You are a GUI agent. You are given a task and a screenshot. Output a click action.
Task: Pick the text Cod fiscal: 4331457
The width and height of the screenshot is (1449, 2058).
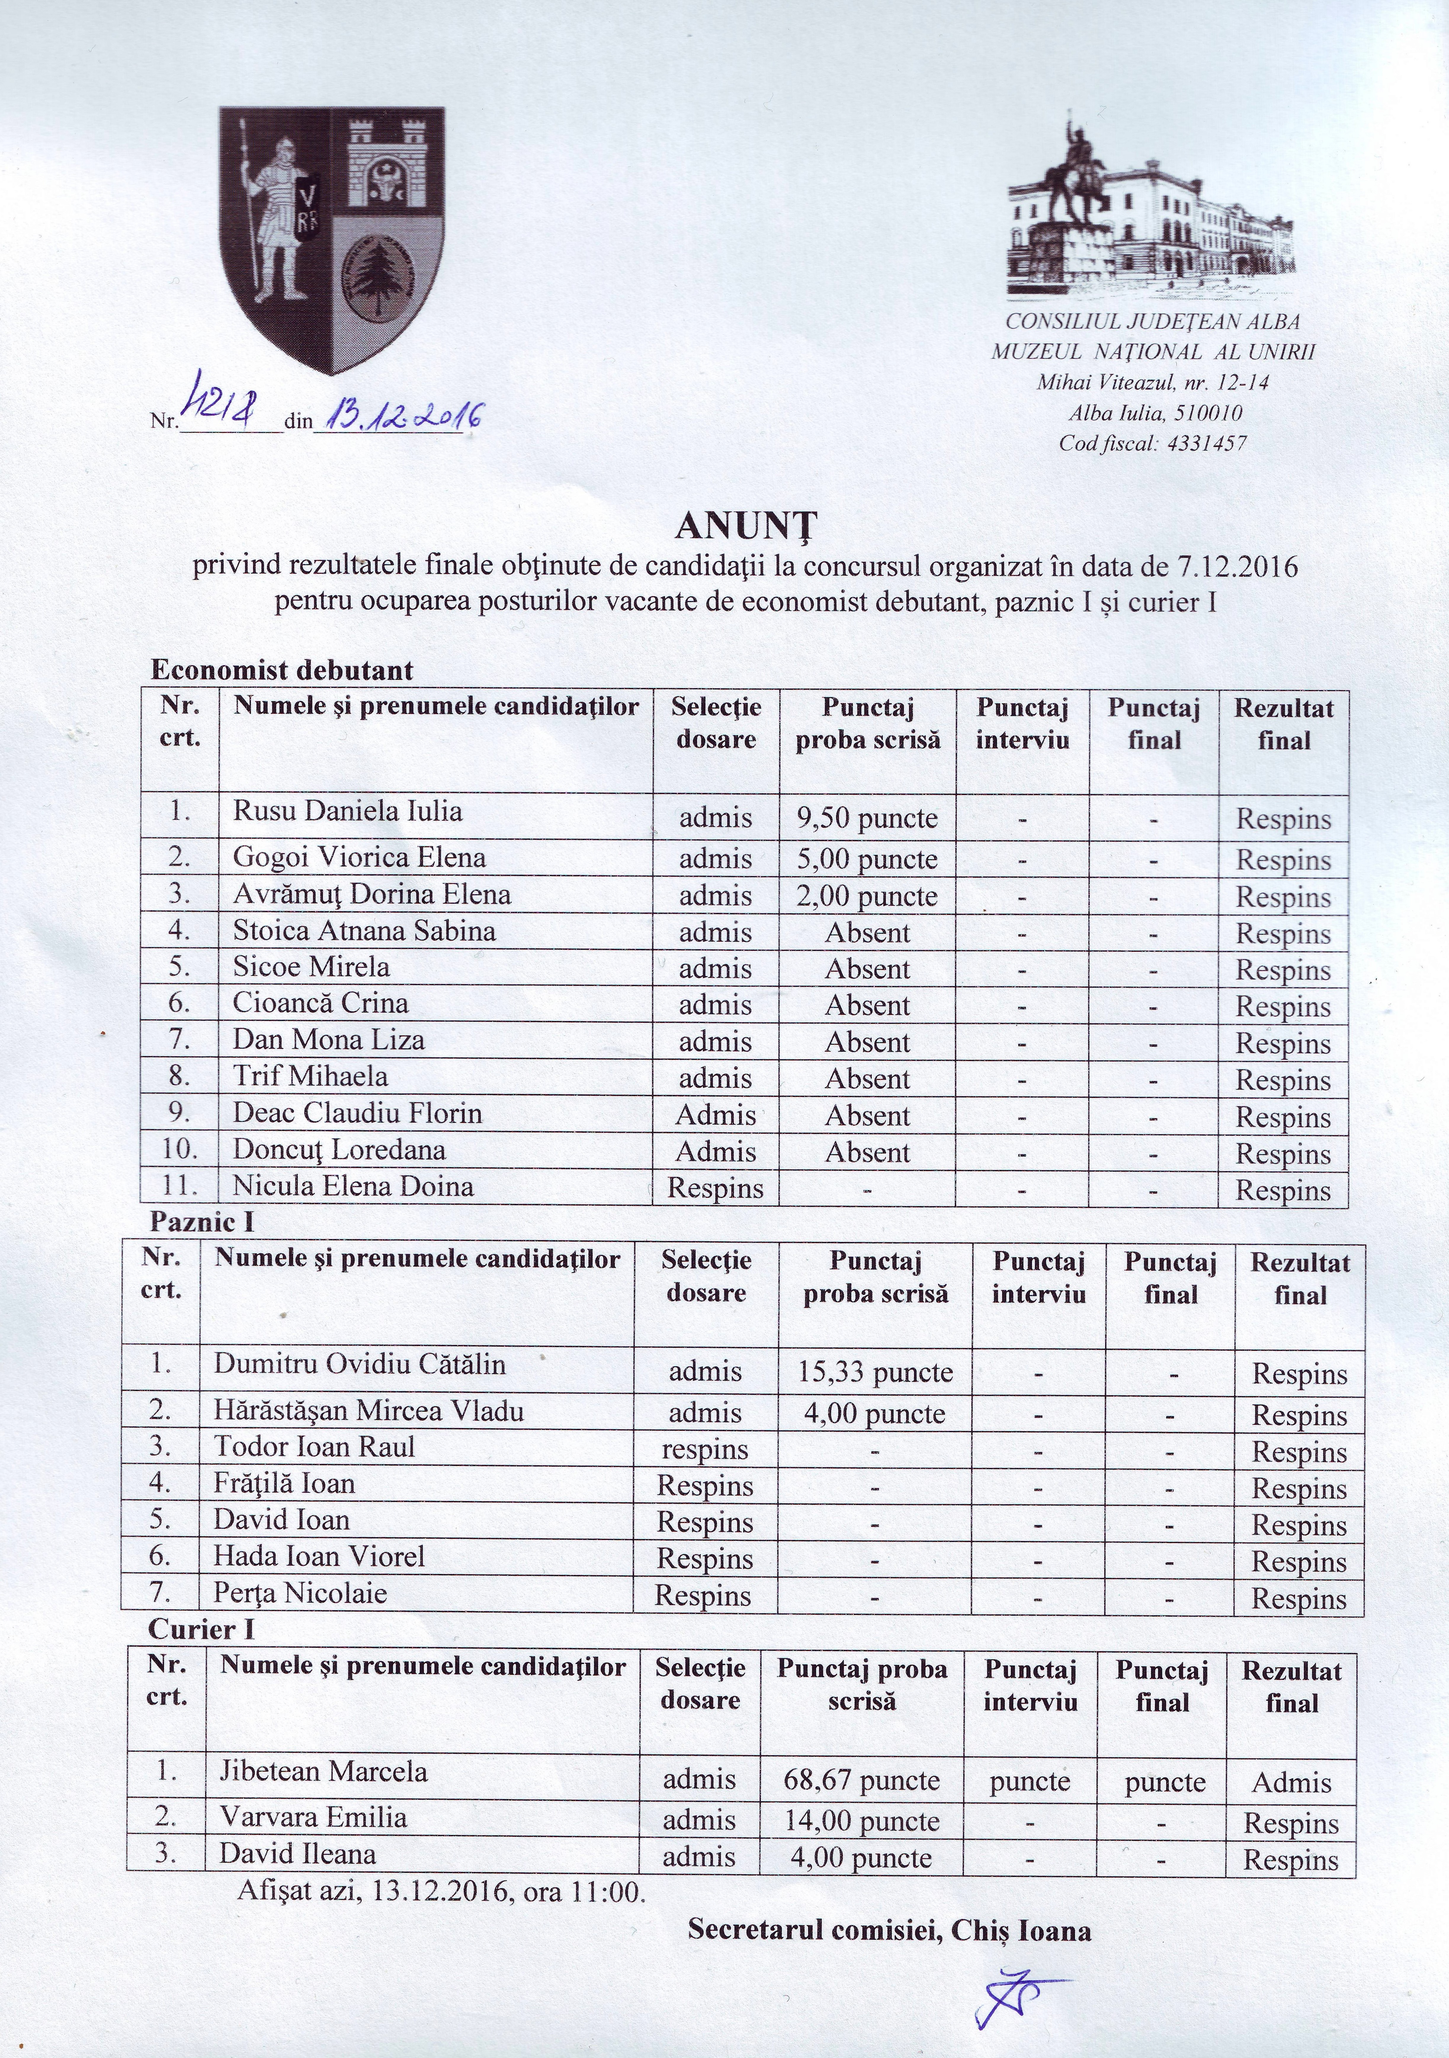coord(1153,443)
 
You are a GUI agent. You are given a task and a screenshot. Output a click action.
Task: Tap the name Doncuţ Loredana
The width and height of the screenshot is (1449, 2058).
coord(339,1150)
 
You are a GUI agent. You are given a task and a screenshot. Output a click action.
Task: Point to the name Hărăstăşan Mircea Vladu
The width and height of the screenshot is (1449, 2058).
coord(368,1412)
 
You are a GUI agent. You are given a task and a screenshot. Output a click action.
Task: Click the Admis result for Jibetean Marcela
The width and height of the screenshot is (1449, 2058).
coord(1291,1782)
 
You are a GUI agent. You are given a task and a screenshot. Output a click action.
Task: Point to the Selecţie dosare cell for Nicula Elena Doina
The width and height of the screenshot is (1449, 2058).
coord(715,1189)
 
